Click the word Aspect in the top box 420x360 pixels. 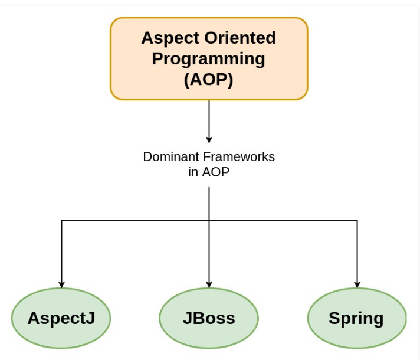click(169, 38)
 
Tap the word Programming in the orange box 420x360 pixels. click(209, 58)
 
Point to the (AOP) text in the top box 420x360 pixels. click(209, 79)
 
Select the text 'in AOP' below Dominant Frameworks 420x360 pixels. click(209, 172)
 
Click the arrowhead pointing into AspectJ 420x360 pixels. click(61, 284)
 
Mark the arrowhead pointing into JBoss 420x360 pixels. click(209, 284)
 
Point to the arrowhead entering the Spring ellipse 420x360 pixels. click(357, 284)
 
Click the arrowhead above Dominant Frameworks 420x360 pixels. click(209, 139)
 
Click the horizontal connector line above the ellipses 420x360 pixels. click(136, 220)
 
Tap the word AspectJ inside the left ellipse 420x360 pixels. click(61, 318)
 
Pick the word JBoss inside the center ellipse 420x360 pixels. click(209, 318)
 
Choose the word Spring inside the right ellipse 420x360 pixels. click(356, 318)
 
